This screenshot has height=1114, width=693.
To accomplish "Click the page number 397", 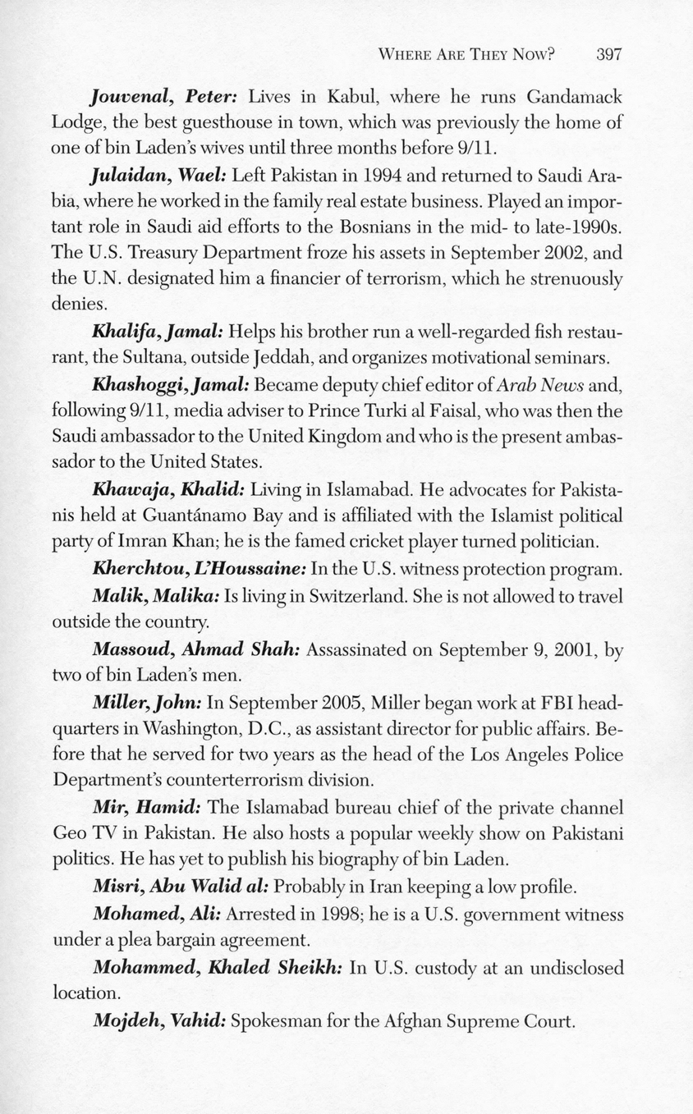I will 609,55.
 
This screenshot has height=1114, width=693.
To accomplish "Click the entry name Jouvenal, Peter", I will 164,96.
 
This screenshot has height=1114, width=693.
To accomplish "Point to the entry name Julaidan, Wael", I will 160,175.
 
